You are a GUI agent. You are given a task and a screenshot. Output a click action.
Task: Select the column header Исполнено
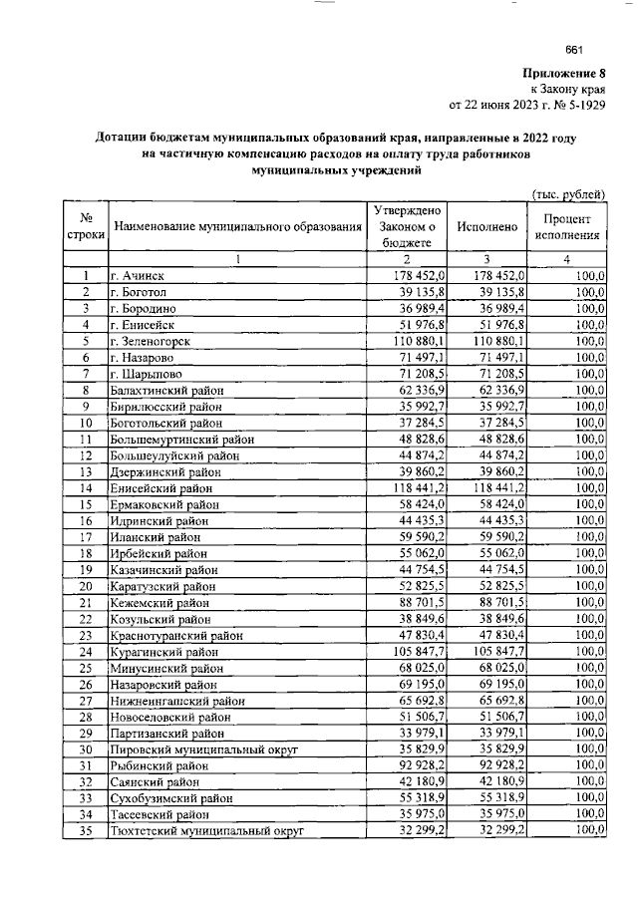coord(486,227)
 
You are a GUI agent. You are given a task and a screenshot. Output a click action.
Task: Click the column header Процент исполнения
coord(567,227)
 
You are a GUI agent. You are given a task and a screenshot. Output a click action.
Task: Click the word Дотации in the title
coord(127,139)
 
